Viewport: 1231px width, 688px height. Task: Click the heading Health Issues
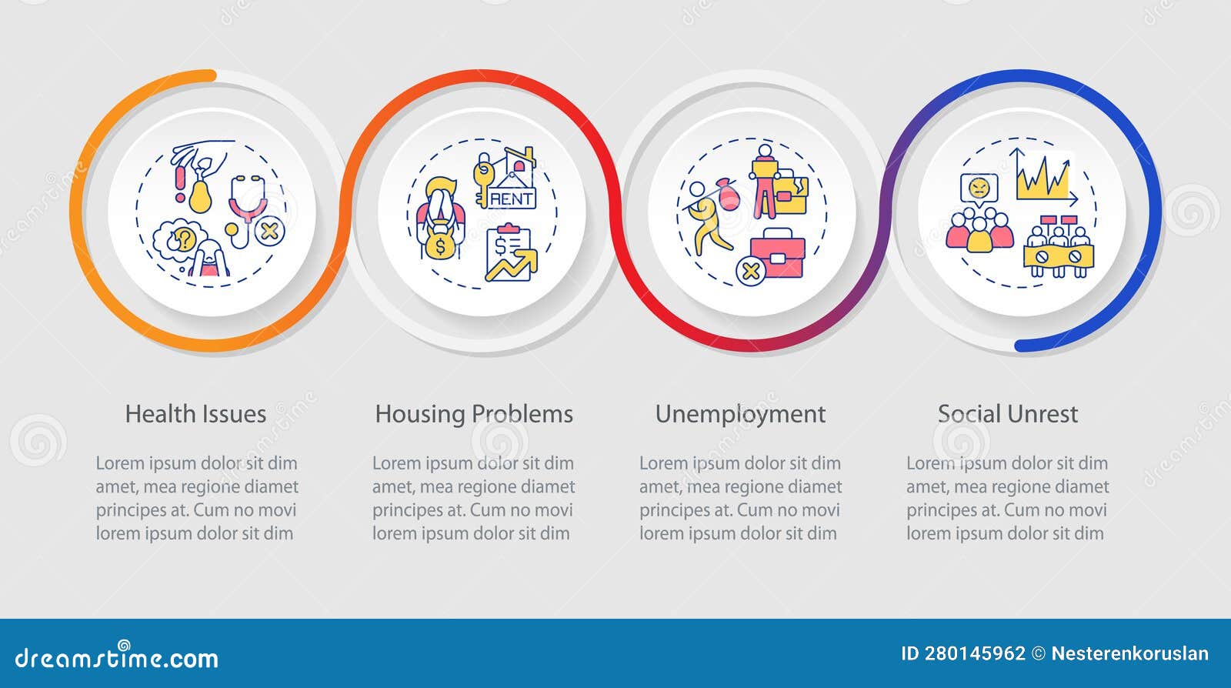(195, 414)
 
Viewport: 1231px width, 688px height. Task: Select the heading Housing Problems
(474, 414)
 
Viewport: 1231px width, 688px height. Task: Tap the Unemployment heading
(740, 414)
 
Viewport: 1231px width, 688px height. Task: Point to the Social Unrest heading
(1007, 414)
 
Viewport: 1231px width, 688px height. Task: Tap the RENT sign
(512, 198)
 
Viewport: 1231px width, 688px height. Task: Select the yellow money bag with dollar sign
(441, 245)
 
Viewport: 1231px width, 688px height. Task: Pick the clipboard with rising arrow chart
(509, 253)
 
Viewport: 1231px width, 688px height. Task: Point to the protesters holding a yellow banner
(1059, 249)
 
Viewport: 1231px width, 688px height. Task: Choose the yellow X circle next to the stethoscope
(270, 231)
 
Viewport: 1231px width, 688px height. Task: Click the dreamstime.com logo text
(117, 657)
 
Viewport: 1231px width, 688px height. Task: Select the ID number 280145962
(975, 654)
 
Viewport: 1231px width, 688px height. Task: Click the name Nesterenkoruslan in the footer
(1129, 654)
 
